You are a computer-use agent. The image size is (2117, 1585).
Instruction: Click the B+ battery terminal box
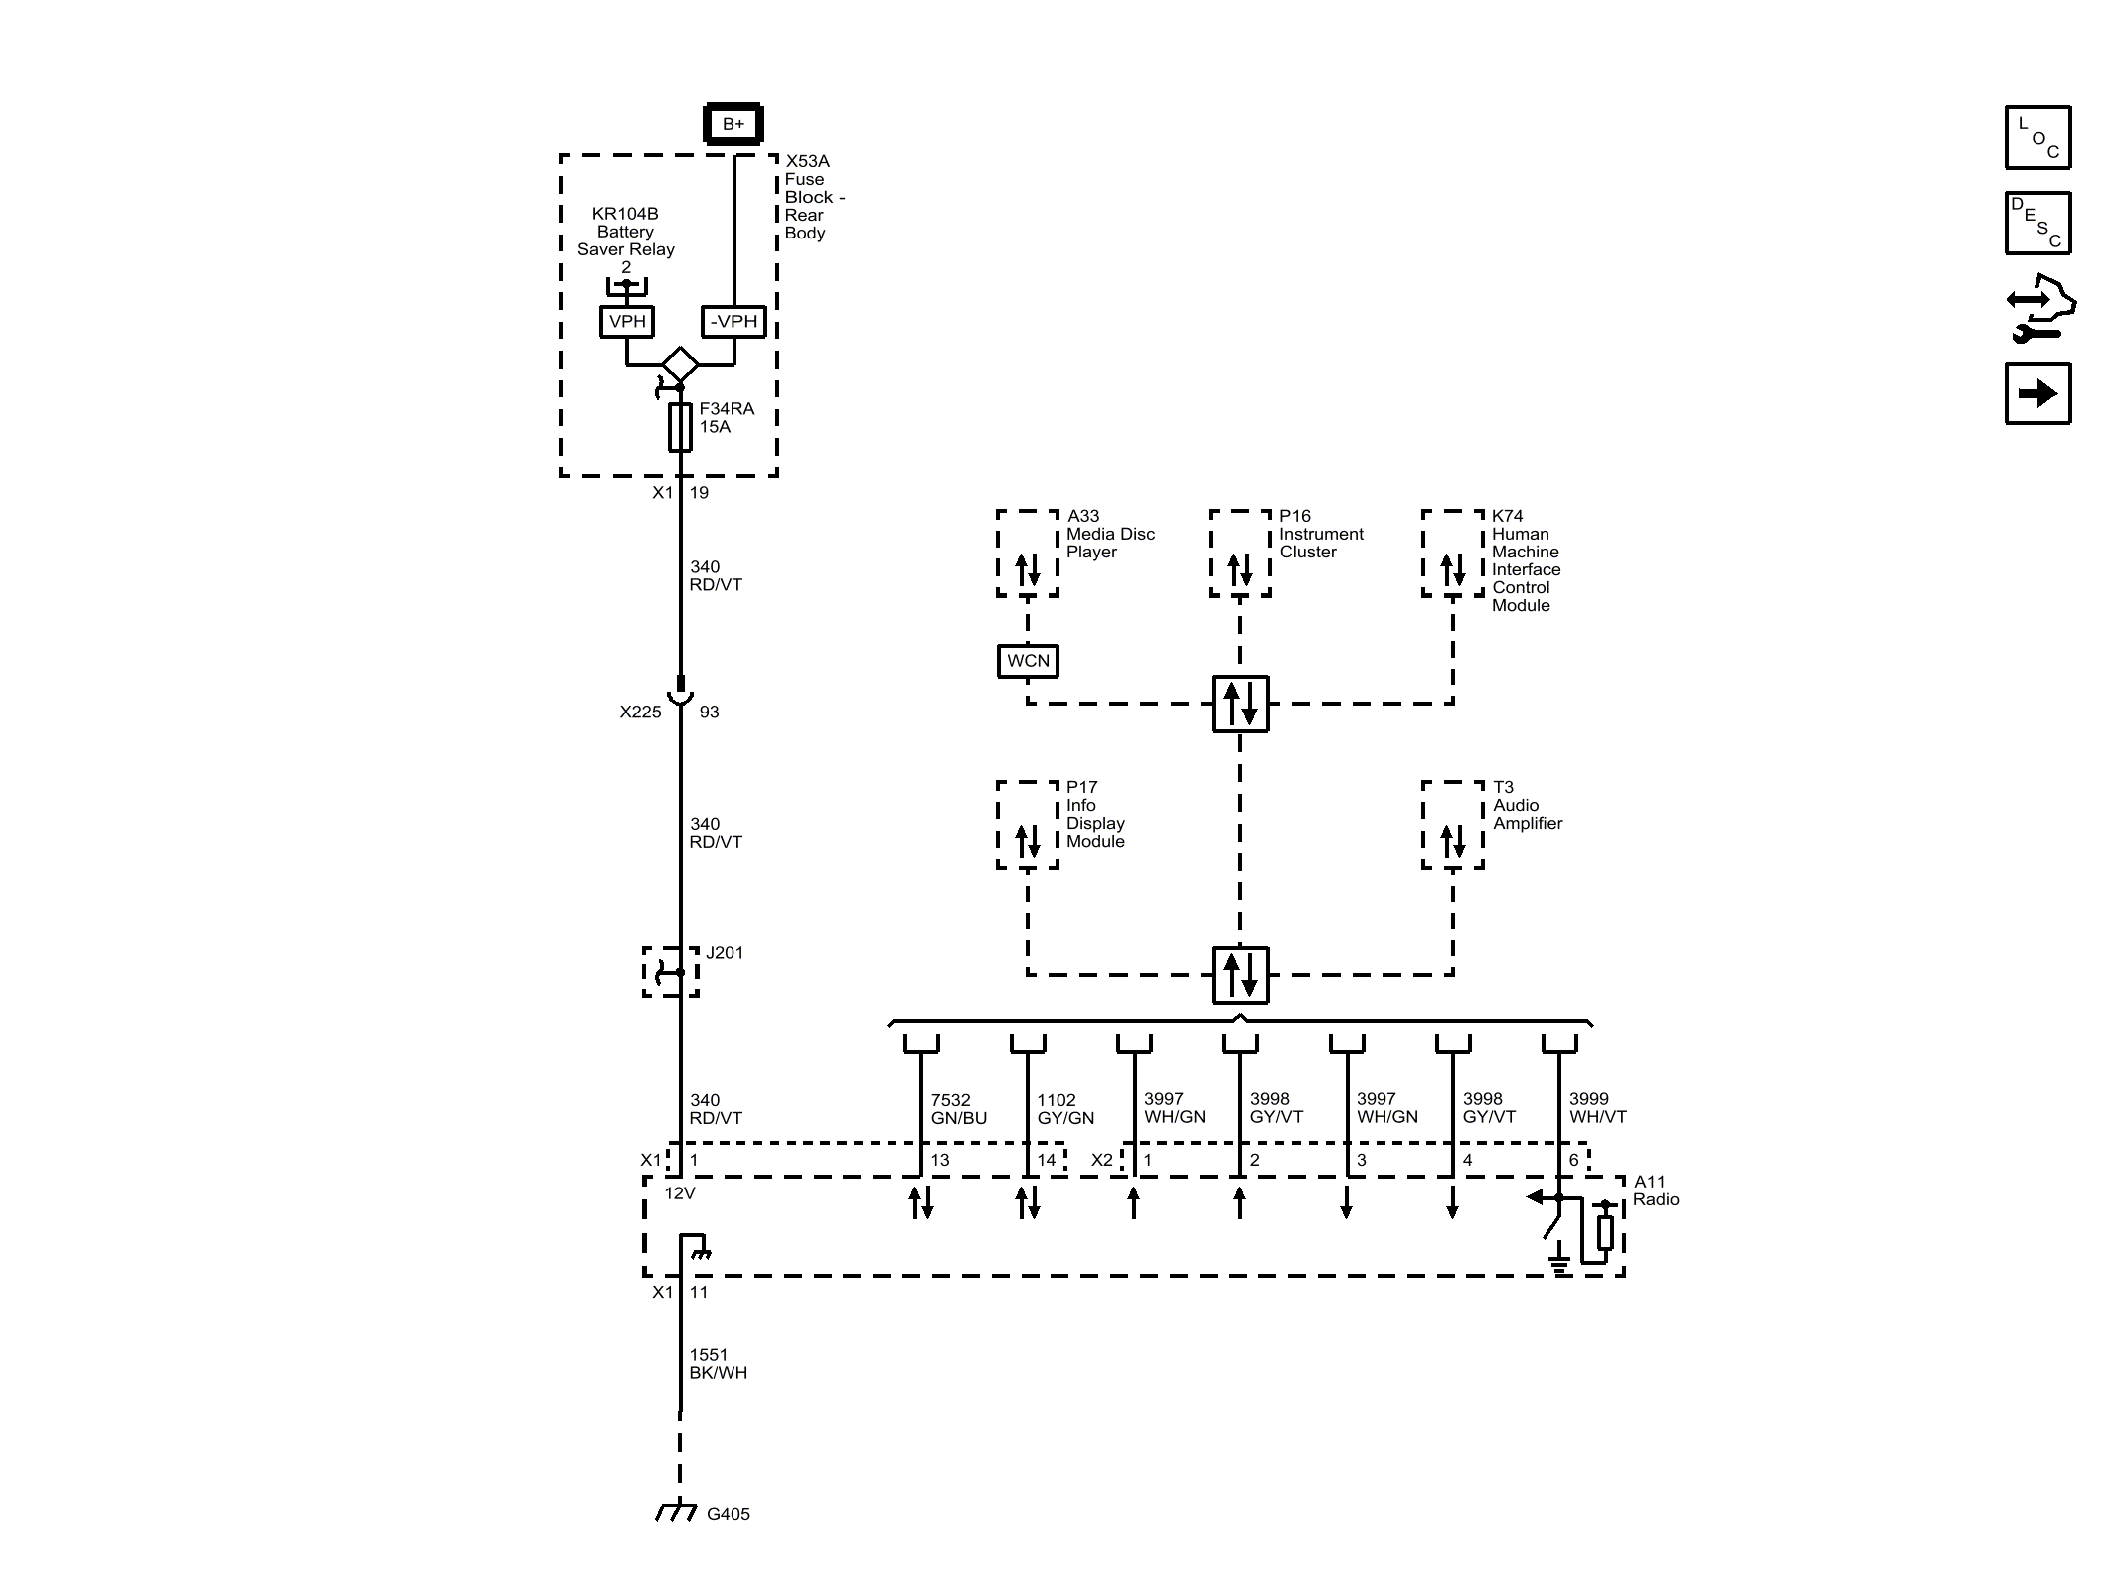733,124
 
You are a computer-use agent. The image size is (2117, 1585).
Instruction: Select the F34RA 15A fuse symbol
680,427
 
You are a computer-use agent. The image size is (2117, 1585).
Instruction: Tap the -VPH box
733,321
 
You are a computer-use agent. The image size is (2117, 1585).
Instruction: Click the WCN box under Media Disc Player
1028,661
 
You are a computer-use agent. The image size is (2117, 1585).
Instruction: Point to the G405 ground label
728,1514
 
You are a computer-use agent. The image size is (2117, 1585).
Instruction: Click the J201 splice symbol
672,971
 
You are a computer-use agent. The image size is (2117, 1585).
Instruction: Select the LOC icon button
2037,137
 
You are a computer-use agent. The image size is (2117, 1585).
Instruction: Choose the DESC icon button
2037,224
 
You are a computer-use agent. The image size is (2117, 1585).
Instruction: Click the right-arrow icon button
2037,394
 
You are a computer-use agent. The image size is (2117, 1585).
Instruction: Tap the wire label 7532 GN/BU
958,1108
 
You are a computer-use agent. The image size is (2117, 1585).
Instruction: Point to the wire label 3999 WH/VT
1597,1108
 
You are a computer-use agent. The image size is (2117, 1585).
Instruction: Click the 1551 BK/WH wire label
718,1363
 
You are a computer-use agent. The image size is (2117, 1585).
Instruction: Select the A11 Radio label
1655,1190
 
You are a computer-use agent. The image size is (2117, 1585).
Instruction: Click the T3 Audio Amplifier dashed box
1452,825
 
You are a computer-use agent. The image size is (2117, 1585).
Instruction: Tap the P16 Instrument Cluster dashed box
1239,554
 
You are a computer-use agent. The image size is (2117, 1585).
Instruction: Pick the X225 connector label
640,712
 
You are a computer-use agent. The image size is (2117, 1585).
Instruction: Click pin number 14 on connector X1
1046,1160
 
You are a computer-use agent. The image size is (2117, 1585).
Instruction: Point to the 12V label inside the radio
680,1192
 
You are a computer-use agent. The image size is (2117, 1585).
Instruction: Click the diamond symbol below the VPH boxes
680,364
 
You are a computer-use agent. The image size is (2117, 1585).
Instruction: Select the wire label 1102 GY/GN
1064,1108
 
